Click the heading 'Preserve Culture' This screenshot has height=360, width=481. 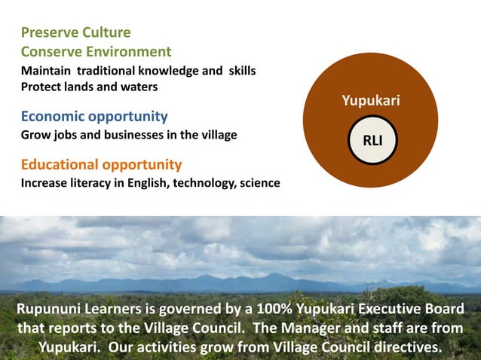[75, 32]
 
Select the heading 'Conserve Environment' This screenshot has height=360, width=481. [96, 52]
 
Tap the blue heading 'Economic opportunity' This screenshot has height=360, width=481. [94, 117]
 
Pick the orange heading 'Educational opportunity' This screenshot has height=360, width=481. [101, 164]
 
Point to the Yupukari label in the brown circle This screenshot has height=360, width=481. [371, 101]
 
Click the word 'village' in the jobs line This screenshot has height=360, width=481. [218, 136]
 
